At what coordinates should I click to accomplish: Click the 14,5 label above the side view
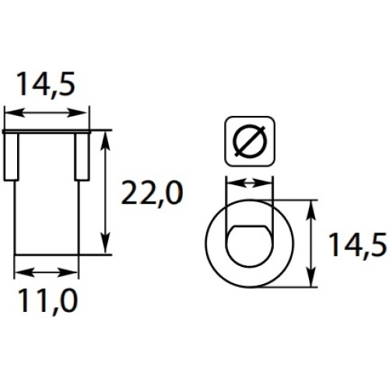pos(46,85)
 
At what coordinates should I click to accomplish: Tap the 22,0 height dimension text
pos(152,193)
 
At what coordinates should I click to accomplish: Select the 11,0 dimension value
pos(47,302)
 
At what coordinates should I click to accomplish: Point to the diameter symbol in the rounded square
pos(249,142)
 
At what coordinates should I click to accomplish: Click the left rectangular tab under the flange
pos(12,157)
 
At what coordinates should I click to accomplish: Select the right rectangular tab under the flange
pos(82,157)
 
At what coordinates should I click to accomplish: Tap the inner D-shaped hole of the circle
pos(249,246)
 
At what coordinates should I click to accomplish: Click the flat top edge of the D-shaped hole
pos(250,226)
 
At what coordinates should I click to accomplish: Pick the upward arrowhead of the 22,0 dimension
pos(105,140)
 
